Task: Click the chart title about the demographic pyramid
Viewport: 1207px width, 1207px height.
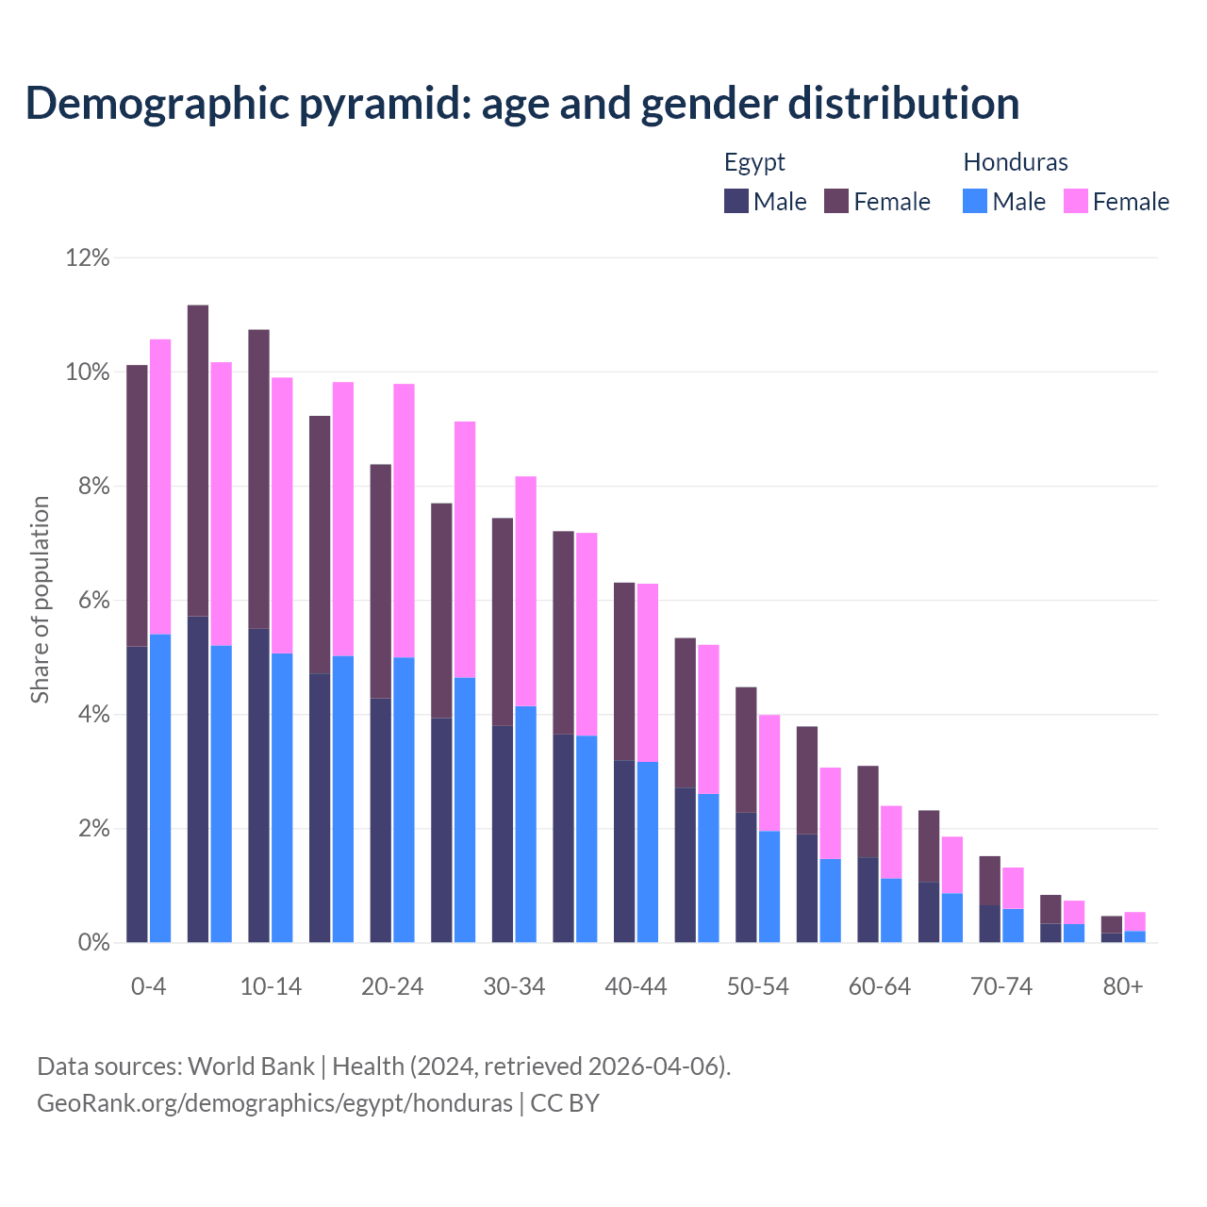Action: [522, 104]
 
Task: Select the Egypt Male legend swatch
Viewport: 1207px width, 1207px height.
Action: [736, 201]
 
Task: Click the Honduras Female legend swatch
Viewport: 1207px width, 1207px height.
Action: [1075, 201]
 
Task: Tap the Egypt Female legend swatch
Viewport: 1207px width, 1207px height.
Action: [836, 201]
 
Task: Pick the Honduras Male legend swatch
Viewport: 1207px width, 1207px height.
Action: [975, 201]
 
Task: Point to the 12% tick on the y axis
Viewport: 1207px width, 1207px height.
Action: [88, 257]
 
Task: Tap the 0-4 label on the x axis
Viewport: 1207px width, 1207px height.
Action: [149, 986]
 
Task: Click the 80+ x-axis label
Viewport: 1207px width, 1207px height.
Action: [1123, 986]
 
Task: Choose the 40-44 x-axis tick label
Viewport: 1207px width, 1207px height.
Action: [636, 986]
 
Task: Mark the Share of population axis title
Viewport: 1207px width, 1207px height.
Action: [40, 600]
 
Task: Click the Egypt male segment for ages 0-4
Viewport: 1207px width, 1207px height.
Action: [137, 794]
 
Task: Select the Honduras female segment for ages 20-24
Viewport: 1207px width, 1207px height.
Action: [404, 521]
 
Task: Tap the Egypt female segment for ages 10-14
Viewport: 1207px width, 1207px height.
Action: [258, 478]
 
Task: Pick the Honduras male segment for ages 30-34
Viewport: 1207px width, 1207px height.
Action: [525, 824]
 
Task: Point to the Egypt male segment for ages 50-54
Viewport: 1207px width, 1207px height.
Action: [746, 877]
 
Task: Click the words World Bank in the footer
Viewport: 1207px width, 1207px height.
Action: [251, 1066]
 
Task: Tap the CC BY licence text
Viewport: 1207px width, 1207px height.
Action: [565, 1103]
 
